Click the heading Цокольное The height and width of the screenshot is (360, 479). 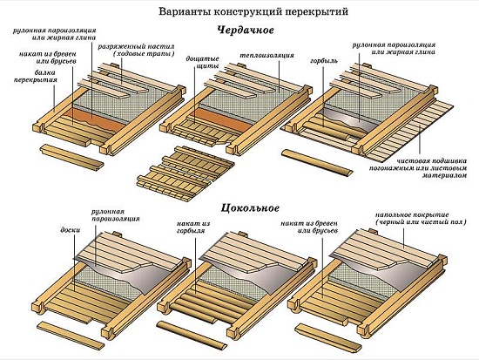(x=238, y=207)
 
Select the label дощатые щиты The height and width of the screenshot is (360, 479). (x=202, y=61)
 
